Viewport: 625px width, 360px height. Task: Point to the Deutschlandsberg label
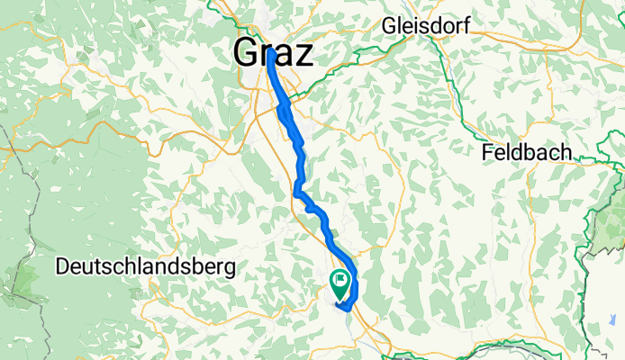[145, 266]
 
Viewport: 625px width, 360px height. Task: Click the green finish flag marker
[340, 284]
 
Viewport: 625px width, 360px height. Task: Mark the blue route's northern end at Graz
[270, 52]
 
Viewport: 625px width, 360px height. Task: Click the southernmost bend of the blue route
[343, 310]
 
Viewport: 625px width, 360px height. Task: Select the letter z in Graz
[305, 54]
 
